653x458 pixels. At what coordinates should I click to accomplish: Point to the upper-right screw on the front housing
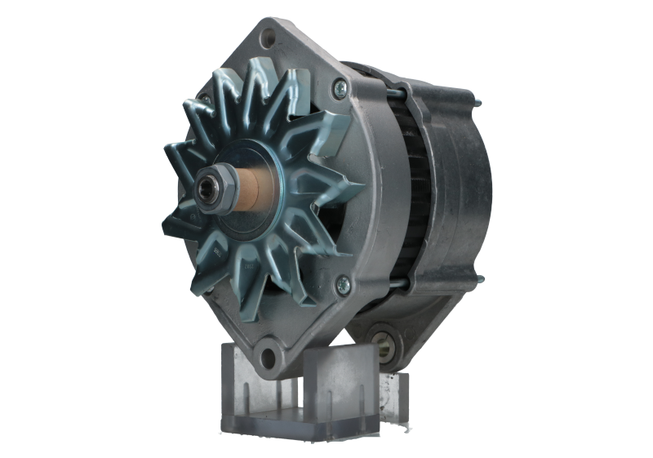point(337,87)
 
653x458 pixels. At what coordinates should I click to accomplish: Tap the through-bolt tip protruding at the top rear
point(478,103)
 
